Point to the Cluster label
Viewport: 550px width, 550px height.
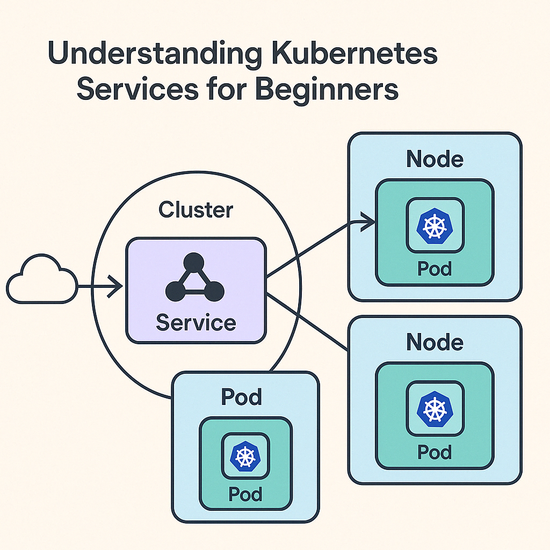coord(196,209)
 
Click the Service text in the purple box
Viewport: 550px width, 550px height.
coord(196,323)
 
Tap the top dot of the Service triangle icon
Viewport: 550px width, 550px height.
coord(193,263)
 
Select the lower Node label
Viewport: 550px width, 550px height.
coord(435,342)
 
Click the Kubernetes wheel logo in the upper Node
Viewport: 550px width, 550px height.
coord(435,226)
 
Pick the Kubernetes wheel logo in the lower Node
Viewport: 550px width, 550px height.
coord(435,409)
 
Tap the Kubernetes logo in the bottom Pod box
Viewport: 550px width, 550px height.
coord(245,456)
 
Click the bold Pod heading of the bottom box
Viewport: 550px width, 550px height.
coord(241,397)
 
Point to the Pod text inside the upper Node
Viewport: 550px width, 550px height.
coord(435,269)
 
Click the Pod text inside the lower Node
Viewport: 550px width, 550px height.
coord(435,452)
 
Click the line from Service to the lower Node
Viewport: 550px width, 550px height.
coord(306,322)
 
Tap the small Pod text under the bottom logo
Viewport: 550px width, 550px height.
coord(245,494)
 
